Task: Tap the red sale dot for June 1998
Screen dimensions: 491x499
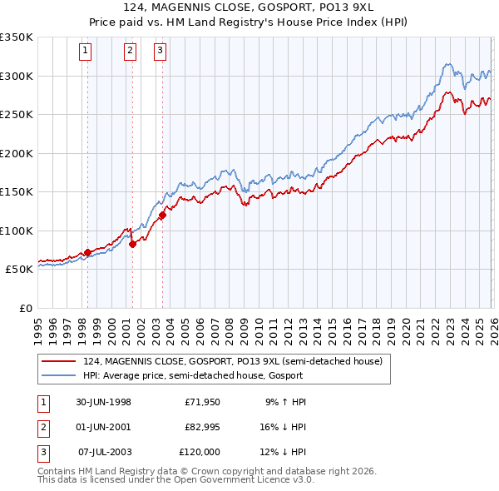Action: (87, 251)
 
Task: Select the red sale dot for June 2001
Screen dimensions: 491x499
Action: (131, 244)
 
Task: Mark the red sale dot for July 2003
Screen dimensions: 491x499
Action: (162, 216)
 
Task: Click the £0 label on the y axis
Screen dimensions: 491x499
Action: (25, 308)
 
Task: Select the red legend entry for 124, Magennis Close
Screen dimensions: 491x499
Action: (234, 362)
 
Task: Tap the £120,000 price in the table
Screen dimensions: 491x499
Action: (200, 452)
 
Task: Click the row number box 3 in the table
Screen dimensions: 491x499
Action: (42, 452)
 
